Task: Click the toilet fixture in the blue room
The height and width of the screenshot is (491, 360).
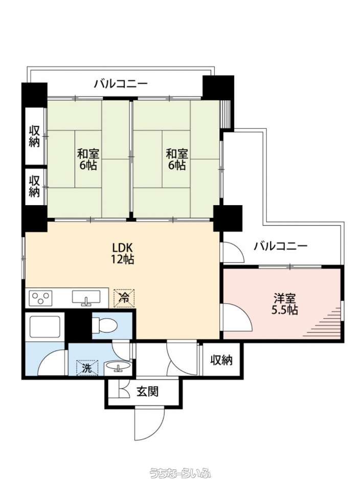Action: [x=105, y=325]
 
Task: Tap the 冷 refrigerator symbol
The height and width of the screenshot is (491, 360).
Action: [x=124, y=298]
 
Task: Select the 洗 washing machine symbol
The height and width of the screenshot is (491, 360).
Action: [x=87, y=368]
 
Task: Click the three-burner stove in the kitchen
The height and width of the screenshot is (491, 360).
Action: [x=41, y=298]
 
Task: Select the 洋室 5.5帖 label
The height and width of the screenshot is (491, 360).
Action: [x=284, y=303]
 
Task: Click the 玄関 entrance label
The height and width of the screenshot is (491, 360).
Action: [x=147, y=391]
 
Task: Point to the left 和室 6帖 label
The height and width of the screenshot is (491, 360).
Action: [x=88, y=160]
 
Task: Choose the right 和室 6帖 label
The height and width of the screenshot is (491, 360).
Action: [x=177, y=160]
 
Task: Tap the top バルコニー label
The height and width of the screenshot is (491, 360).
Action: [x=121, y=84]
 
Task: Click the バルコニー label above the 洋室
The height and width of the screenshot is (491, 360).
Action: [x=281, y=246]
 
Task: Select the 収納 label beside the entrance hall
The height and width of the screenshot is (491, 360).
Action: [x=221, y=360]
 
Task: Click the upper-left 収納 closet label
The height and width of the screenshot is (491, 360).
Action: [x=34, y=136]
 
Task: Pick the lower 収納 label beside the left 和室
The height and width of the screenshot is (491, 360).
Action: [x=34, y=186]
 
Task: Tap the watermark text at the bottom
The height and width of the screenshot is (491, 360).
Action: [x=180, y=473]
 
